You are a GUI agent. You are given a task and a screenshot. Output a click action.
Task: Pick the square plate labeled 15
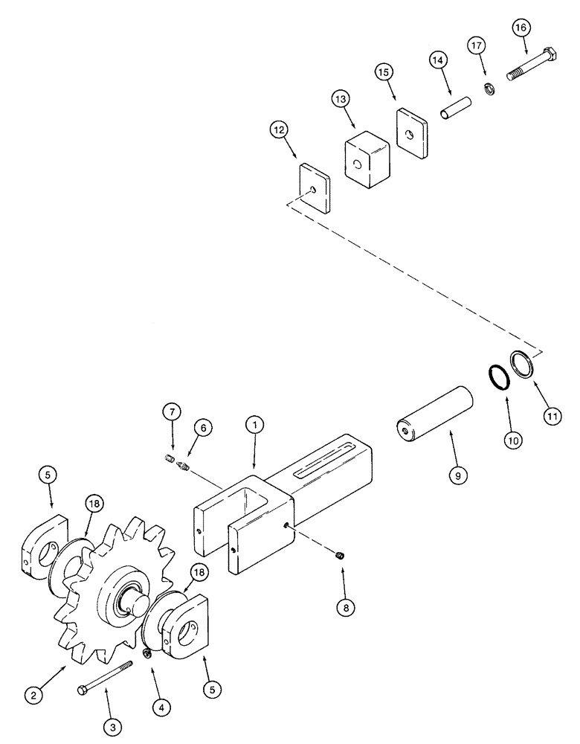(410, 132)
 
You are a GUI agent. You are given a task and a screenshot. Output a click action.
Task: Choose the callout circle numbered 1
(255, 426)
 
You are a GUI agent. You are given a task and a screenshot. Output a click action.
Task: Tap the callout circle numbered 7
(170, 411)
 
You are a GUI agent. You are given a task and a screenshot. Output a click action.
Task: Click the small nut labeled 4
(147, 653)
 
